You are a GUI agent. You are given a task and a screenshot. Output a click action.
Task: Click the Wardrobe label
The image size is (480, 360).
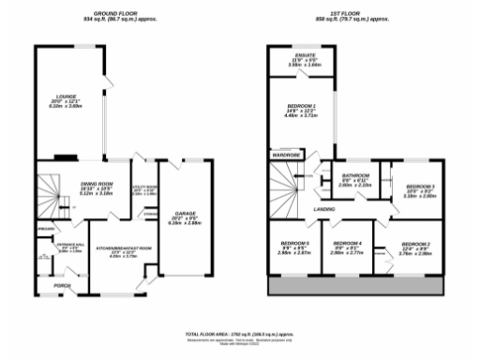285,154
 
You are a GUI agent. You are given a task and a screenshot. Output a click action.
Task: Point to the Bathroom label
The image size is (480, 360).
354,175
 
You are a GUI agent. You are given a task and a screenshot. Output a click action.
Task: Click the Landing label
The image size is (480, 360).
324,209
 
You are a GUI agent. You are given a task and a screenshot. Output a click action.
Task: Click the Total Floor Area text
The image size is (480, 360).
239,333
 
